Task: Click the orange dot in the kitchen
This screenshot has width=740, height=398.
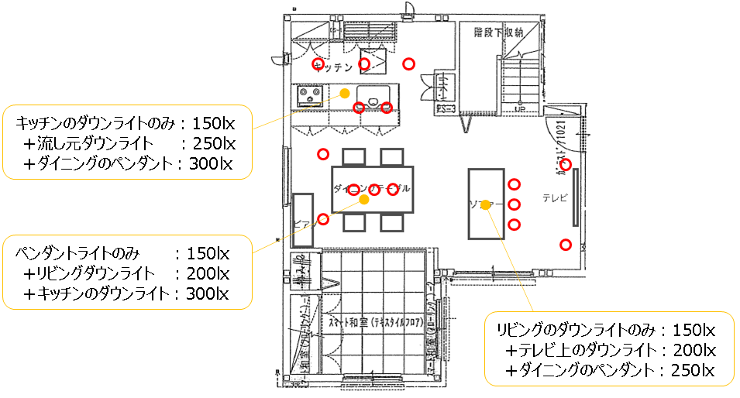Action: coord(344,94)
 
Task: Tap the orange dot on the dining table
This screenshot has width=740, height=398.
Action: coord(364,199)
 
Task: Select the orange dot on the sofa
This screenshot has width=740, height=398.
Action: coord(485,204)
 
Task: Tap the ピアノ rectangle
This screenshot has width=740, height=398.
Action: coord(303,221)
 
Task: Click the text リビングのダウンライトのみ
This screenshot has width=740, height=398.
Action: coord(578,330)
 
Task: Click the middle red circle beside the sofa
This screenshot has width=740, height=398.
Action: coord(514,204)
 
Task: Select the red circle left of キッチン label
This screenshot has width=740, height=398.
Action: coord(317,63)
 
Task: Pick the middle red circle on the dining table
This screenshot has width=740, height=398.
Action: coord(373,190)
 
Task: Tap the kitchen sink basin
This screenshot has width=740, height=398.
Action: coord(373,99)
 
